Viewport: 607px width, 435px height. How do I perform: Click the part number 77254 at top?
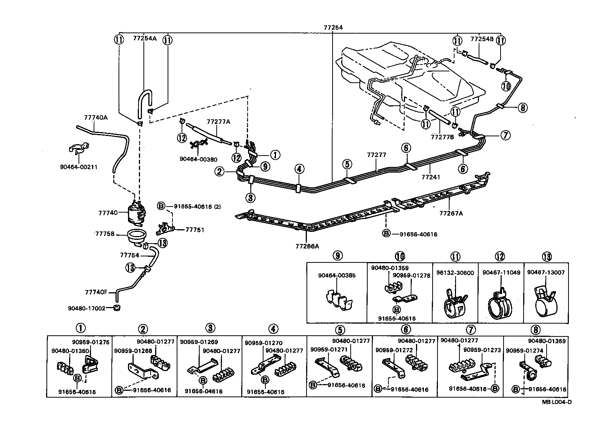click(333, 27)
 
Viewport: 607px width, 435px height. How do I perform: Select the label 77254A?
click(145, 38)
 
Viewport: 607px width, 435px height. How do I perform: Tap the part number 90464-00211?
click(79, 167)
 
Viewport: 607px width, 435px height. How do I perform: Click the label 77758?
click(104, 234)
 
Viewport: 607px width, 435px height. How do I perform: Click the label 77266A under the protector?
click(307, 246)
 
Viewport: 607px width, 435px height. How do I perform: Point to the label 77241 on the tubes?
click(431, 176)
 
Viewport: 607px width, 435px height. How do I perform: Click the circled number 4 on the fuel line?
click(299, 169)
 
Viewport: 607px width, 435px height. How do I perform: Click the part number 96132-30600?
click(455, 273)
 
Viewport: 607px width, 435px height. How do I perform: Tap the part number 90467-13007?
click(546, 273)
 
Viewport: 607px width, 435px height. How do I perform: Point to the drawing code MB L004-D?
click(557, 402)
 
